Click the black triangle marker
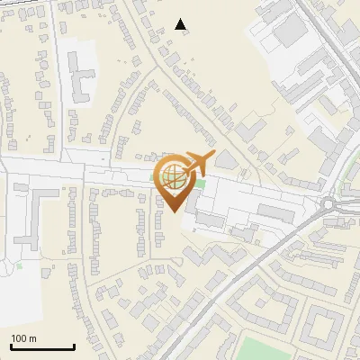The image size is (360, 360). click(x=181, y=24)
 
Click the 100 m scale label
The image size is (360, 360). click(x=23, y=338)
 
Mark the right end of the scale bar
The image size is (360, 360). click(x=74, y=346)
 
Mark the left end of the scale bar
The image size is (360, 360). click(x=11, y=346)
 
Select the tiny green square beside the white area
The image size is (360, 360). click(x=20, y=266)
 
